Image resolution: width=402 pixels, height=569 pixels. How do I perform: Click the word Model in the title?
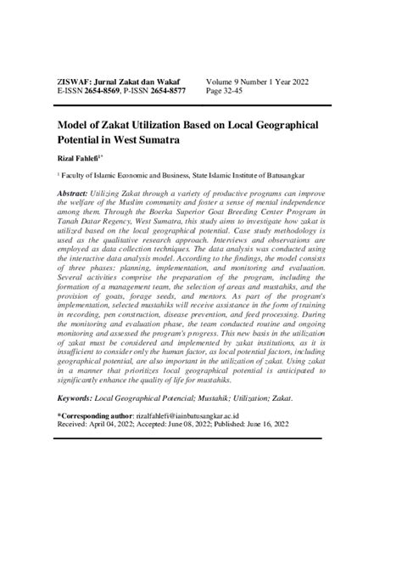click(x=75, y=123)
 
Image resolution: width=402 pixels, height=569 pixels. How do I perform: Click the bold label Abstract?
click(x=75, y=194)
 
